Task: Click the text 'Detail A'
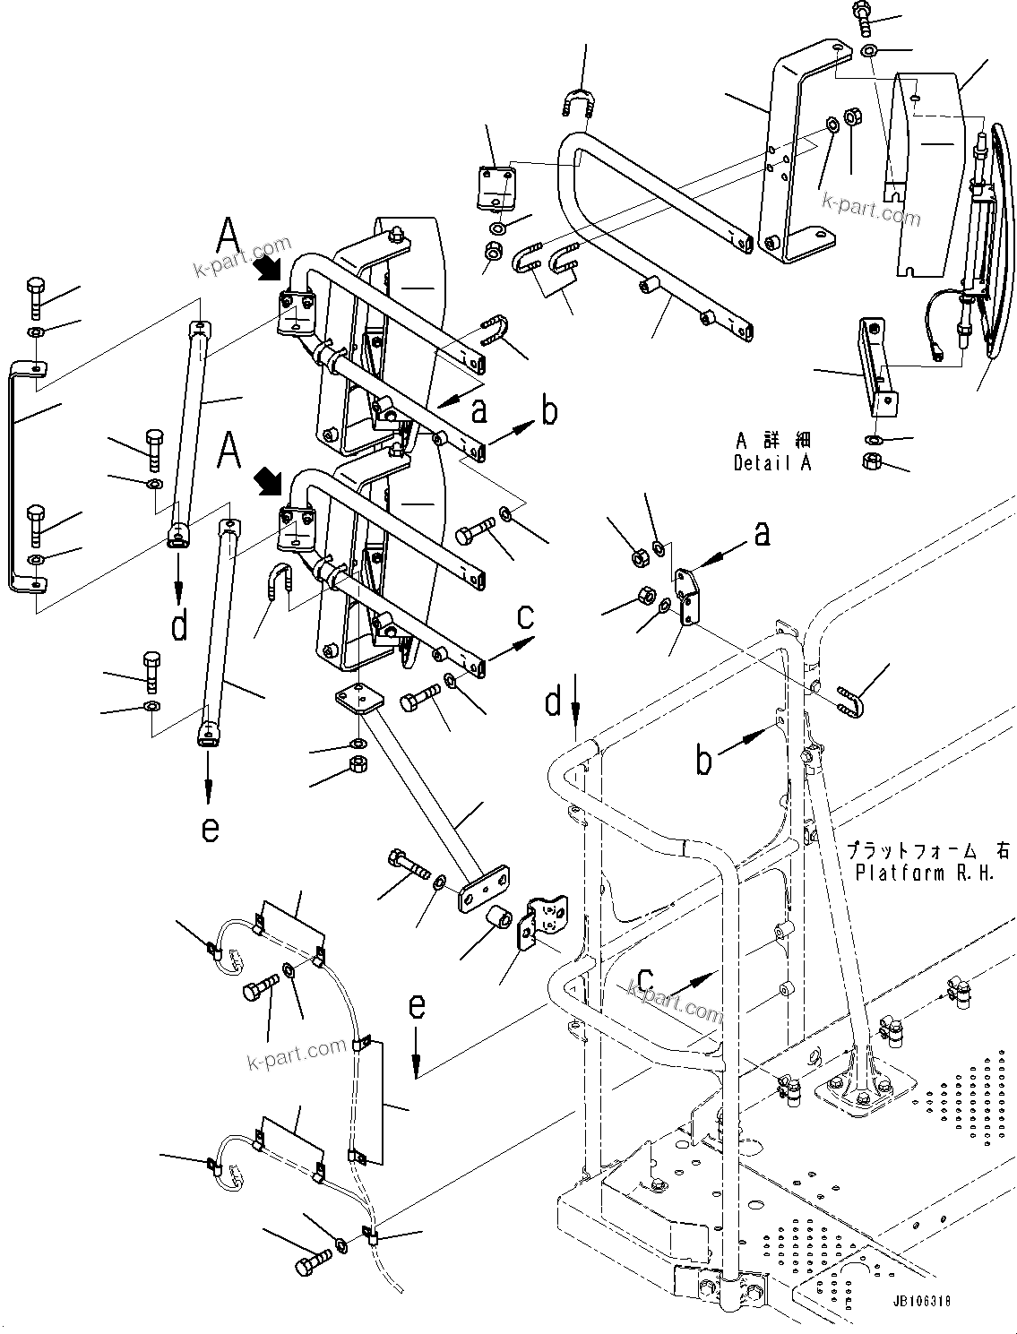click(771, 464)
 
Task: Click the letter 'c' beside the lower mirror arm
click(526, 616)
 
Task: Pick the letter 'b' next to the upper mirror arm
click(548, 411)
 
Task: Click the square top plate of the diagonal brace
click(359, 697)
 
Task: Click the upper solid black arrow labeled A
click(267, 268)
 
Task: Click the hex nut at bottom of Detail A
click(872, 461)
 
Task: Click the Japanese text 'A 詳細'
click(772, 441)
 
